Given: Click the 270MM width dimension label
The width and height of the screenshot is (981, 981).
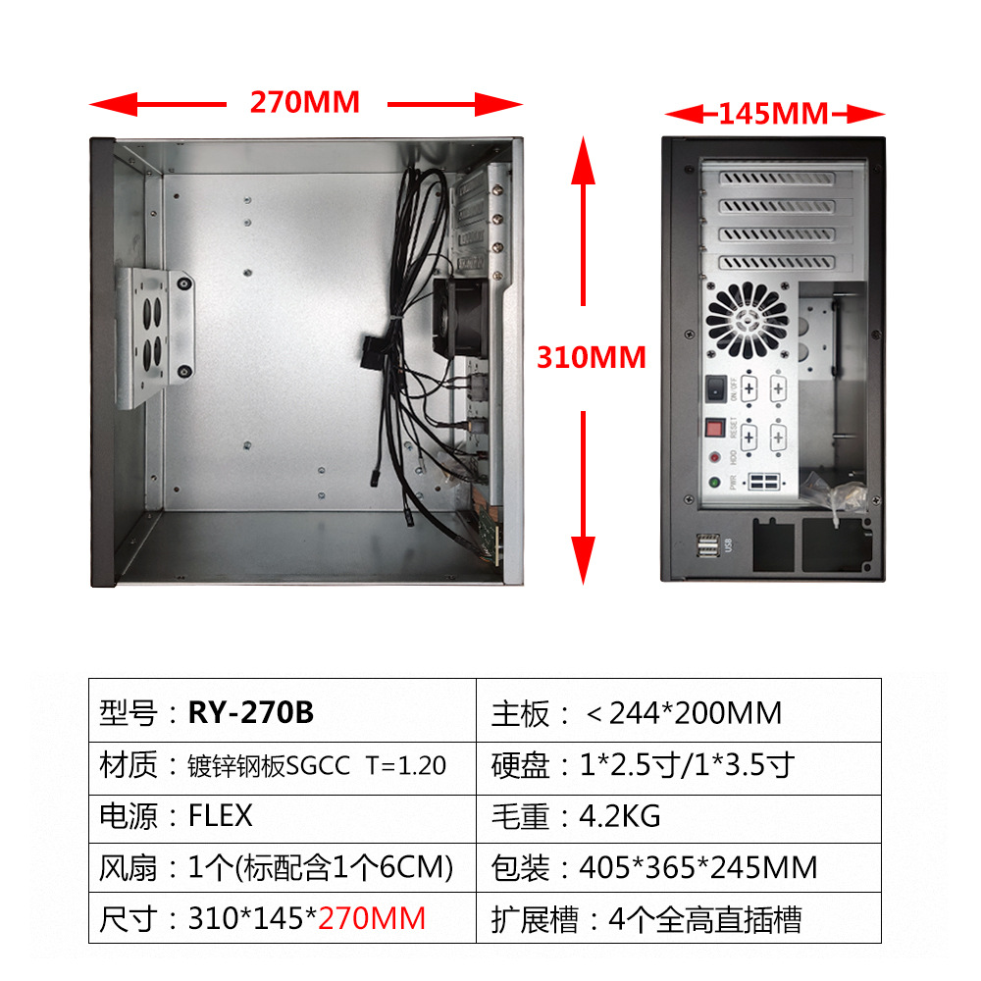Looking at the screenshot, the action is coord(305,102).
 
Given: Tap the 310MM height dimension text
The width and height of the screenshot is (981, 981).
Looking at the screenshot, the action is coord(591,357).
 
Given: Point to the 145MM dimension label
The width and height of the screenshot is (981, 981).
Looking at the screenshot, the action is coord(773,114).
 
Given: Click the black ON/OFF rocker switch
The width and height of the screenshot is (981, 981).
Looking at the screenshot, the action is coord(717,388).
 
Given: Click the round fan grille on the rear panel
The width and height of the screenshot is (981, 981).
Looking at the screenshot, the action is coord(748,316).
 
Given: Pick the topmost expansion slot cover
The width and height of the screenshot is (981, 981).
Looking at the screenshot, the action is coord(778,179).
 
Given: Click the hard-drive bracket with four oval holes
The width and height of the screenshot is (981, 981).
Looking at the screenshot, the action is coord(154,336).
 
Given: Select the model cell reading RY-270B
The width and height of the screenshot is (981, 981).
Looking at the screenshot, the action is coord(251,712).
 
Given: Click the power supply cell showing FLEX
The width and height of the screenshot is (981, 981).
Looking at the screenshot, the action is coord(220,815).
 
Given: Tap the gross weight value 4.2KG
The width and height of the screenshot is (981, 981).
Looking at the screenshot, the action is coord(620,815).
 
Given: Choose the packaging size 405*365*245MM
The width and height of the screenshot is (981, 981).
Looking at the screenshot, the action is coord(697,867).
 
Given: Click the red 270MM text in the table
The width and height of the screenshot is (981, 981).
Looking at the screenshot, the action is coord(373,918).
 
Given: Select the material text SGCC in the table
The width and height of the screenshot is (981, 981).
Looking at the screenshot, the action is coord(318,765).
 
